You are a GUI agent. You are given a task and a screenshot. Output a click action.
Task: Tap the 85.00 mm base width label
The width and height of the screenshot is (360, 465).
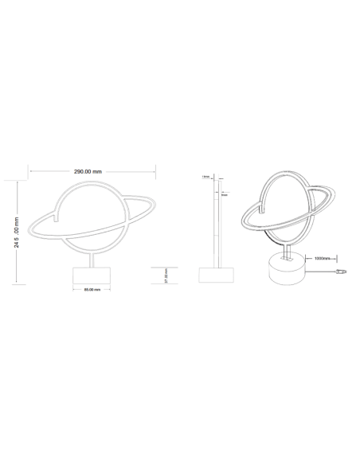[92, 289]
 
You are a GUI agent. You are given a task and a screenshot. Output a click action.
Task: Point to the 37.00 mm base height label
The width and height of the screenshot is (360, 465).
[166, 275]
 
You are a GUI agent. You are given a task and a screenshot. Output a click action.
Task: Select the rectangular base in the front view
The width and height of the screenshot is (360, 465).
[92, 275]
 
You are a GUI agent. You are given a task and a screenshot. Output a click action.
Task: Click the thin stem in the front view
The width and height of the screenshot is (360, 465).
[92, 259]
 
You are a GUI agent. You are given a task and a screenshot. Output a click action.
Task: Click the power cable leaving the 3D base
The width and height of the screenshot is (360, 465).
[323, 271]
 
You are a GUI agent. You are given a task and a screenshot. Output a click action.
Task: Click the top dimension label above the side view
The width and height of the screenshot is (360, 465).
[206, 176]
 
